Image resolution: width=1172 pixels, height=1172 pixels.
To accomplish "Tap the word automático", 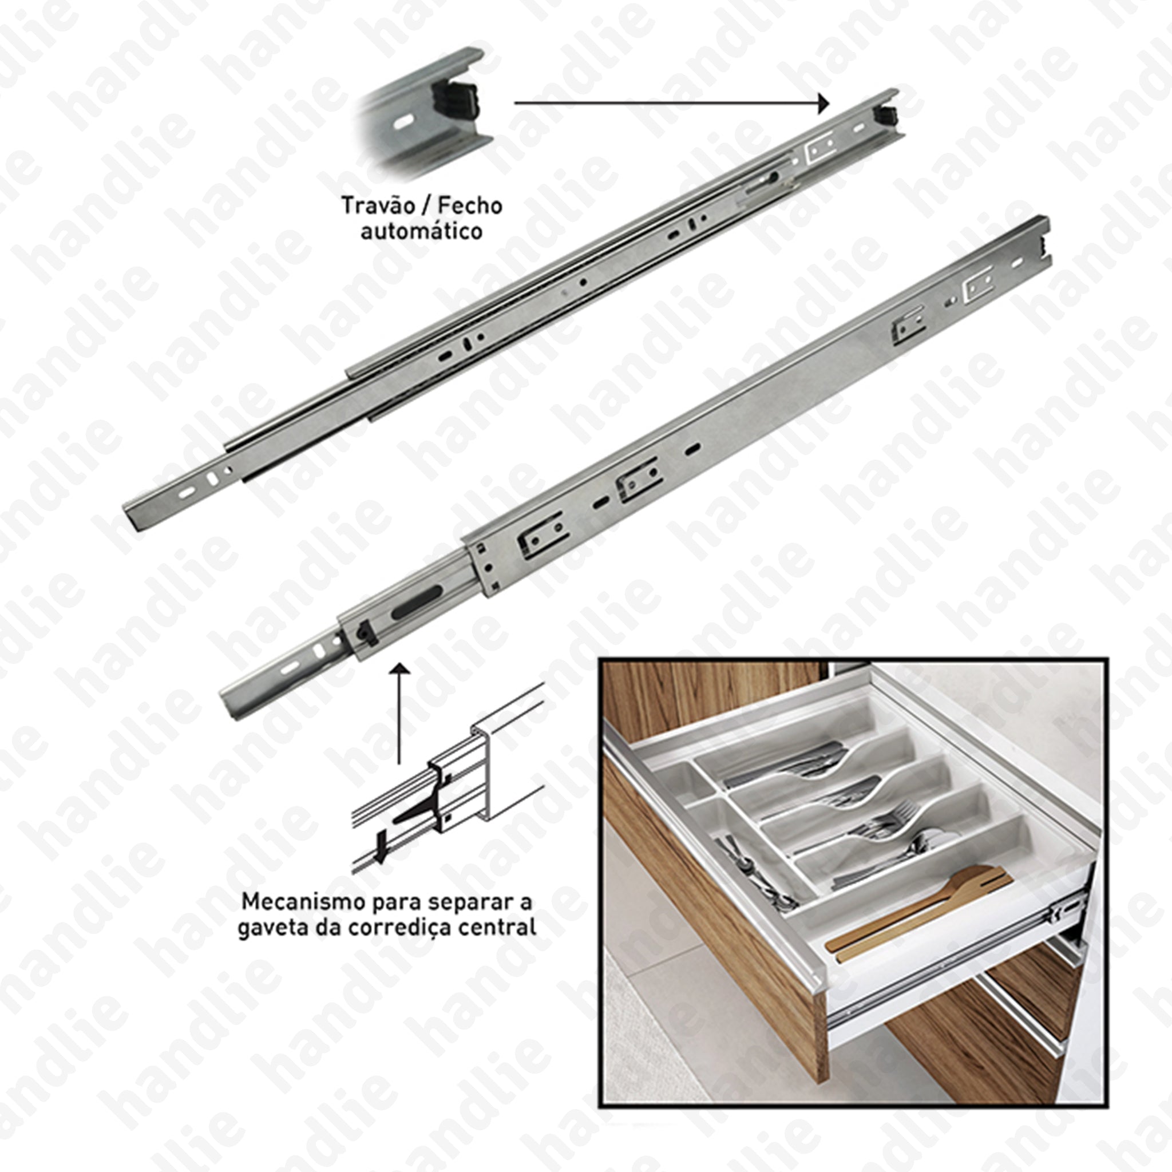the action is (x=422, y=231).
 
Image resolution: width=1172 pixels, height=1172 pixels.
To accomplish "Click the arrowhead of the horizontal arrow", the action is (x=823, y=103).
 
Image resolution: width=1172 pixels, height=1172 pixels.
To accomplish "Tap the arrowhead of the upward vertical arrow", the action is (x=399, y=669).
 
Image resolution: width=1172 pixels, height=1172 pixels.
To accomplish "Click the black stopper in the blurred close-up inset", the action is (x=454, y=100).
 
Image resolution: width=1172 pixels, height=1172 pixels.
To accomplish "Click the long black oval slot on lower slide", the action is (x=417, y=602).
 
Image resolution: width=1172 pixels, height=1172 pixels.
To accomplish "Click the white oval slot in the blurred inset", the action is (x=402, y=122).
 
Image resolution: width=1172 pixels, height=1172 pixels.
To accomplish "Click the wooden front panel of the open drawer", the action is (x=716, y=910).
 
